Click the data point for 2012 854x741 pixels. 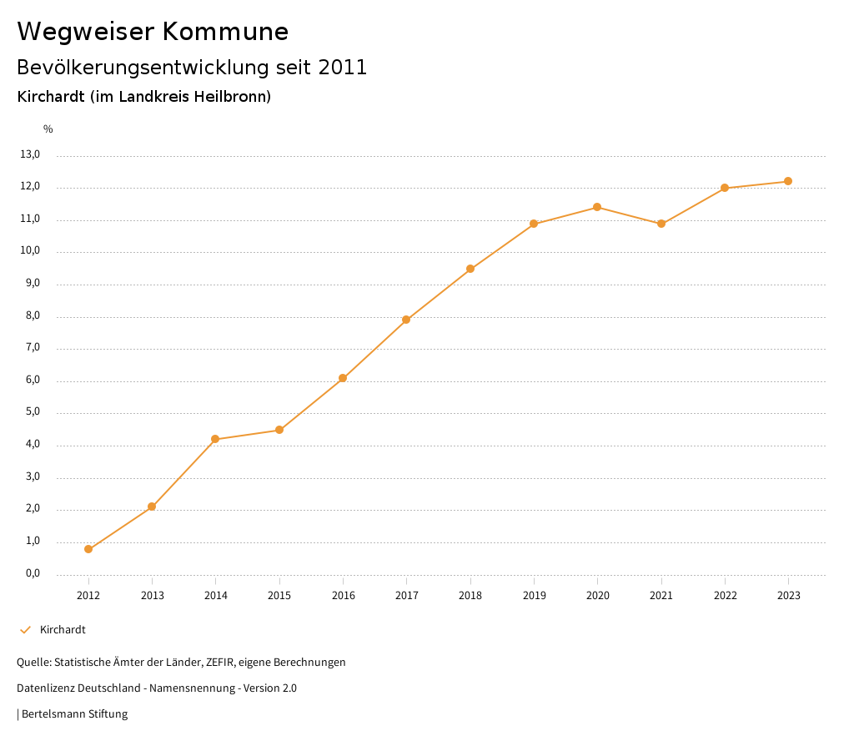(x=88, y=549)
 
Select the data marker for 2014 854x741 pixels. (x=215, y=439)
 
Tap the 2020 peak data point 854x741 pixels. (x=597, y=207)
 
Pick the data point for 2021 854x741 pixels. (x=661, y=224)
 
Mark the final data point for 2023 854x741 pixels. (x=788, y=181)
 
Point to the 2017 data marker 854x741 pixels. (x=406, y=320)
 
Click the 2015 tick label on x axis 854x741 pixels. (x=279, y=596)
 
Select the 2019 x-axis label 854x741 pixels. (x=534, y=596)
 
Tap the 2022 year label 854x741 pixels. (x=725, y=596)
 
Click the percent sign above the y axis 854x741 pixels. (x=48, y=129)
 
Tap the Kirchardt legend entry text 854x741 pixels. (x=63, y=630)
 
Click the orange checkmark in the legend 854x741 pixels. (x=25, y=630)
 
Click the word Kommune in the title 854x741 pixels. (x=225, y=32)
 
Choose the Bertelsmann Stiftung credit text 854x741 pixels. (x=74, y=714)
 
